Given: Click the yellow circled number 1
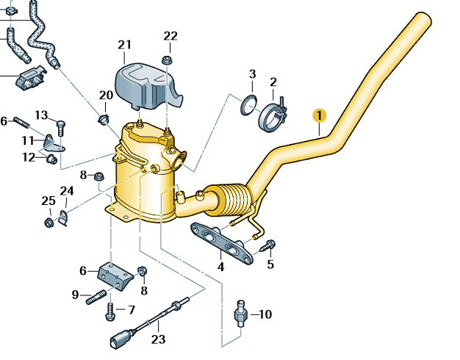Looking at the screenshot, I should [318, 115].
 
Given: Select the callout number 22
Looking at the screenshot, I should [170, 35].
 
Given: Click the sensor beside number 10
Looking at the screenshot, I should [240, 314].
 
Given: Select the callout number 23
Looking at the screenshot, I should [159, 339].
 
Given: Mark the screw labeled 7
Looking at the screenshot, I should [110, 312].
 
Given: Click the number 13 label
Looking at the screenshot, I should [41, 115].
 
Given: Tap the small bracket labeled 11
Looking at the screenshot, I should [51, 142].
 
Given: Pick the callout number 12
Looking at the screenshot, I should [29, 156].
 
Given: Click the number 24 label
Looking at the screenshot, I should [67, 192].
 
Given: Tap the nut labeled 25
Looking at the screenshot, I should [48, 219].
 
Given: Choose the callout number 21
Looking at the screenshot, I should [124, 45].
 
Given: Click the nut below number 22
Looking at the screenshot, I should [167, 59].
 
